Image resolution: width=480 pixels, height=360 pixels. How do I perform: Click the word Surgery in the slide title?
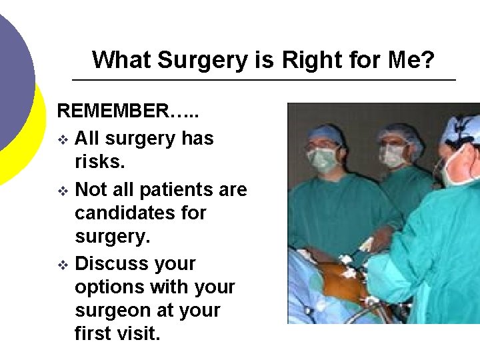coord(203,61)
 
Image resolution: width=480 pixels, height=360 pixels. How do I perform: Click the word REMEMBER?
coord(113,111)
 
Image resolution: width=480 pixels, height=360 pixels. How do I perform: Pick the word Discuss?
coord(114,263)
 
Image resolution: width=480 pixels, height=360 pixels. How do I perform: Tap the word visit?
coord(139,334)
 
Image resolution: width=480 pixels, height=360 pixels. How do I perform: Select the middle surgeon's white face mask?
coord(393,156)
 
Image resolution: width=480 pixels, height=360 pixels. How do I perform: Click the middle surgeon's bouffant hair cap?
coord(400,134)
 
